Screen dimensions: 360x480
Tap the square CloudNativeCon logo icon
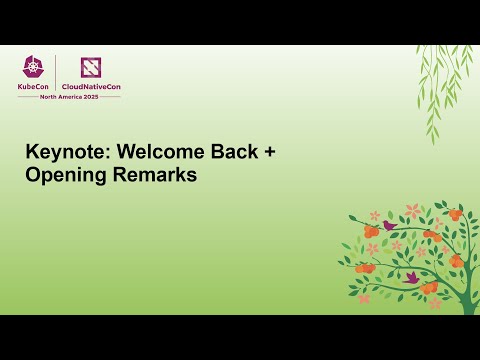point(91,67)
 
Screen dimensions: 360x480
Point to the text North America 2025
point(70,96)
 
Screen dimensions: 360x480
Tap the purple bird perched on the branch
point(389,225)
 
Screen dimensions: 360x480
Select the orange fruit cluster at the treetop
point(455,214)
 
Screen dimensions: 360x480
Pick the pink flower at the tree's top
point(413,211)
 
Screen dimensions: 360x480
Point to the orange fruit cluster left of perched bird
point(370,231)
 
